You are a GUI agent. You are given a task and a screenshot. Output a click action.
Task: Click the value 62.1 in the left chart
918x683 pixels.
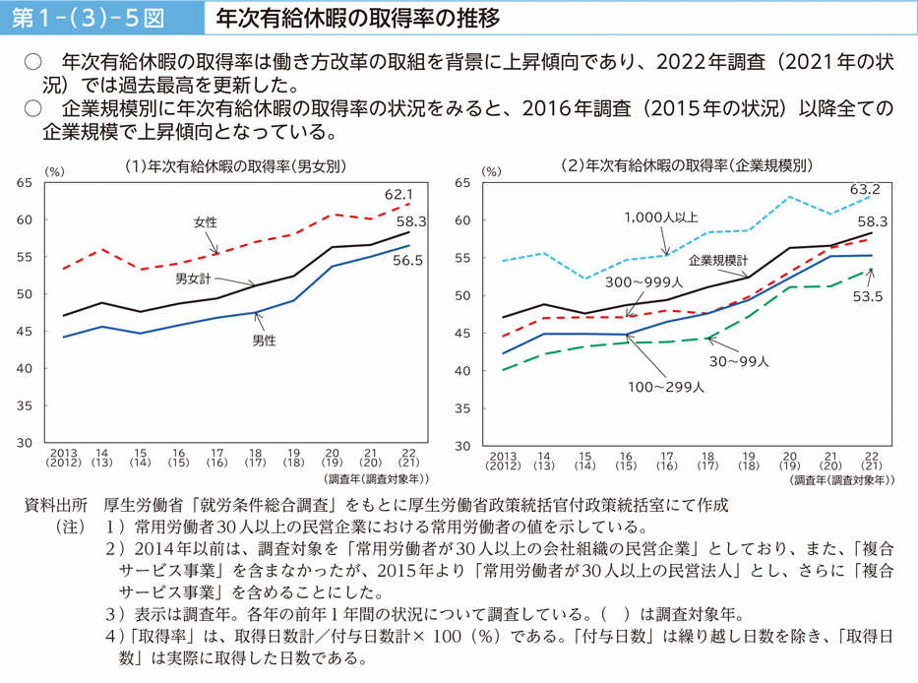(x=398, y=195)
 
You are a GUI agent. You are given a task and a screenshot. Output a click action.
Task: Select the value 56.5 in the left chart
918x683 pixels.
(x=407, y=261)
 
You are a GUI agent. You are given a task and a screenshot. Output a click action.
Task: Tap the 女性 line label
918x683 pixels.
(x=206, y=223)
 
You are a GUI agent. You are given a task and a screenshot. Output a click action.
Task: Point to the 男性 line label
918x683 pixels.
(x=264, y=341)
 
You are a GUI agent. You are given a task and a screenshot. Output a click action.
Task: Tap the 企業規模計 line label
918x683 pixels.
(x=718, y=261)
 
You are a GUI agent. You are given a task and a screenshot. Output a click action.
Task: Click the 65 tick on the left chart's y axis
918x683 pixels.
(x=25, y=182)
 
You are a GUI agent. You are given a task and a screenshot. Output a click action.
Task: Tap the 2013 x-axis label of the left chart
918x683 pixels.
(x=64, y=456)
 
